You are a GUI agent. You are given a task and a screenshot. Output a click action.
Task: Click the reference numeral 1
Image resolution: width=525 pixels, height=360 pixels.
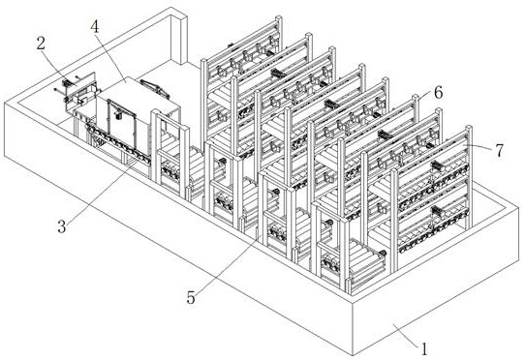click(424, 349)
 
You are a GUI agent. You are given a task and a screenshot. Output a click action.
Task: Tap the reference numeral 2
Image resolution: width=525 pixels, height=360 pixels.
click(41, 44)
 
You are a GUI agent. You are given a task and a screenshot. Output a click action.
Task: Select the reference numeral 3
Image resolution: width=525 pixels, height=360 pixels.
click(62, 226)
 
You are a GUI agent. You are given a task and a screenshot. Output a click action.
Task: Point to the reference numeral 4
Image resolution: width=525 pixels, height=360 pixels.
click(95, 27)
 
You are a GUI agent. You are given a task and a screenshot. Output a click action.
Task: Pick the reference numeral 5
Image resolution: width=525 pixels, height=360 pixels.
click(191, 297)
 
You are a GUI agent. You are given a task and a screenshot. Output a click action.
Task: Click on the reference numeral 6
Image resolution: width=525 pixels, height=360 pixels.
click(438, 92)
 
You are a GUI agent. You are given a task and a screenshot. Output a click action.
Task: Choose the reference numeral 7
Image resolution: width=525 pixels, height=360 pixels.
click(499, 150)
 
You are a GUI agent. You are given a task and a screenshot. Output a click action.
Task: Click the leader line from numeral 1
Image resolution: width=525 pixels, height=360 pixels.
click(406, 334)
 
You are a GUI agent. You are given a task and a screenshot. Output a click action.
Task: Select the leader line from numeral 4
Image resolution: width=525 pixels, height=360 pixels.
click(112, 57)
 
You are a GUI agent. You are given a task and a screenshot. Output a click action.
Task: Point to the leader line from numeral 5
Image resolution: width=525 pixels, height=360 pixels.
click(229, 262)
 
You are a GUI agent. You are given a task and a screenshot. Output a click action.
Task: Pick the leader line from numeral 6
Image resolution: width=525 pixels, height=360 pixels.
click(425, 98)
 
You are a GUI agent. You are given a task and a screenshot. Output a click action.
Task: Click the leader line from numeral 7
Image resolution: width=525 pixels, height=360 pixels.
click(479, 147)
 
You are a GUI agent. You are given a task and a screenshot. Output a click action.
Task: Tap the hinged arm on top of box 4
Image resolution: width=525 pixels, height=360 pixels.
click(154, 88)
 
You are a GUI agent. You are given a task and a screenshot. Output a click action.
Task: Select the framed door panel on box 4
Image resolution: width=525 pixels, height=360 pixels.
click(121, 123)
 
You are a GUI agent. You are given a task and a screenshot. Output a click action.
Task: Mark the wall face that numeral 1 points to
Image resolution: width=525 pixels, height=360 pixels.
click(435, 301)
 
